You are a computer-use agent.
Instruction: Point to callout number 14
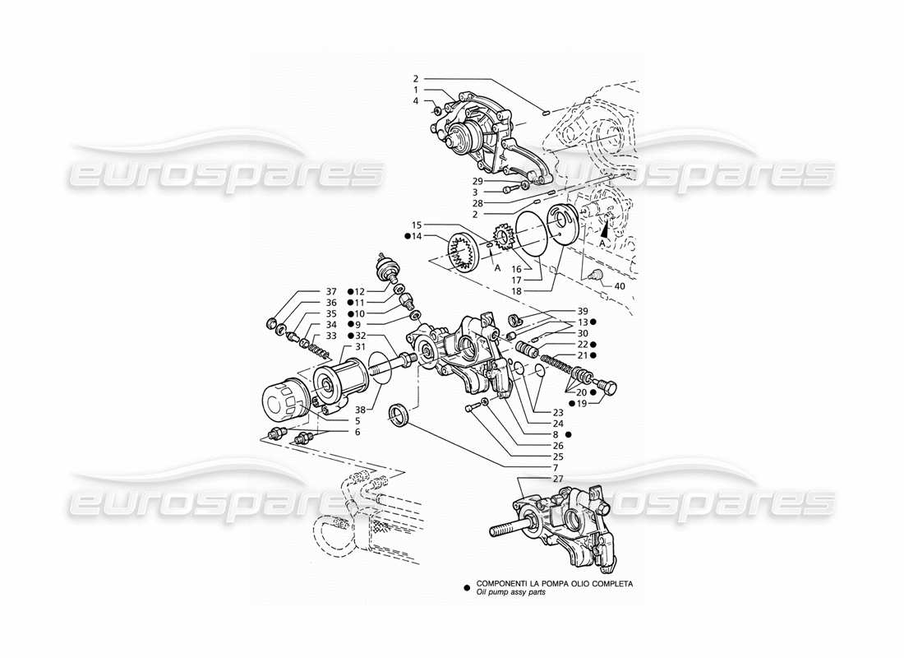[x=417, y=236]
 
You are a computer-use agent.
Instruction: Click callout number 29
[x=477, y=180]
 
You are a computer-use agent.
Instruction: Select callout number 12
[x=360, y=292]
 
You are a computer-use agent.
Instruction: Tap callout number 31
[x=358, y=346]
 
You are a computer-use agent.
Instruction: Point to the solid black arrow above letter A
[x=609, y=233]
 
